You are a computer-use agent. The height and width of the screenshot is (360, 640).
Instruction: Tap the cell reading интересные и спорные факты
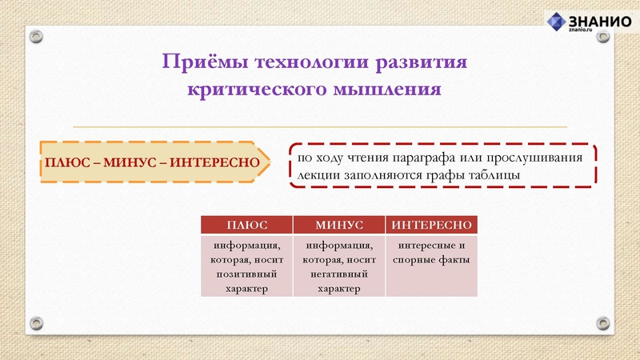(x=430, y=253)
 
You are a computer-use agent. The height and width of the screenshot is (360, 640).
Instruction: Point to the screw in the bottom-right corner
(x=602, y=322)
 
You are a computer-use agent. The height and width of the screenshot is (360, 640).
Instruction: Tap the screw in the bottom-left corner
(x=37, y=322)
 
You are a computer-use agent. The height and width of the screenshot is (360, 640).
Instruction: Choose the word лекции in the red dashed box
(x=318, y=174)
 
